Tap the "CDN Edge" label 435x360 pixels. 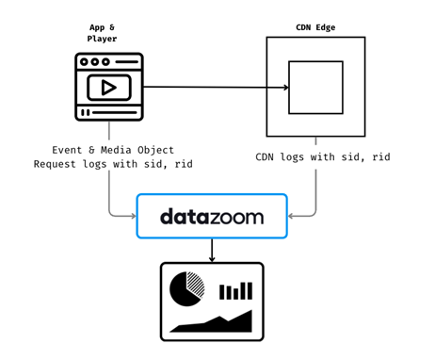coord(315,27)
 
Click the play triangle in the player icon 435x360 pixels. coord(110,88)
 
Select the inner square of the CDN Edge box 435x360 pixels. coord(315,88)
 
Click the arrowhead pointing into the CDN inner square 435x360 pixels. coord(284,88)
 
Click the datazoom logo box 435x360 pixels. coord(211,217)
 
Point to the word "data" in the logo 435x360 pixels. coord(185,217)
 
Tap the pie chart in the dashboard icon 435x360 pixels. coord(186,288)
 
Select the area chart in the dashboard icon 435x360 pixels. coord(212,322)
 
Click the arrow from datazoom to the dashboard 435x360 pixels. coord(212,251)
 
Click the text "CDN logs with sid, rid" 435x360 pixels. coord(322,156)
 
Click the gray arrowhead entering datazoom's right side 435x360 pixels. coord(292,216)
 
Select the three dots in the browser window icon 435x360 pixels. coord(94,62)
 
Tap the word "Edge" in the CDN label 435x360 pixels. coord(330,27)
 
